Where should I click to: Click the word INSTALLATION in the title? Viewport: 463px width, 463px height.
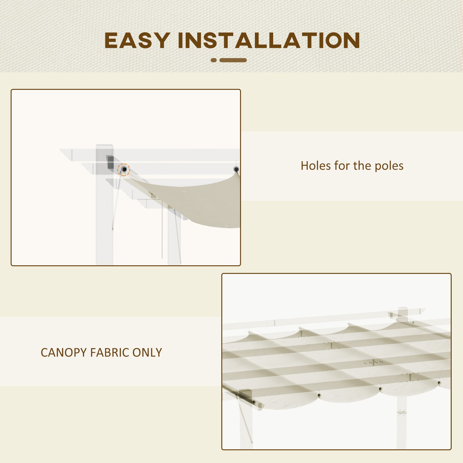coord(269,41)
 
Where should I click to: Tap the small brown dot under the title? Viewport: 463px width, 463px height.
coord(214,60)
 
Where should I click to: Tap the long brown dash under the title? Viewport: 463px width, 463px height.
coord(233,60)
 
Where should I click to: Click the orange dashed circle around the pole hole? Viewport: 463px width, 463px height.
coord(123,169)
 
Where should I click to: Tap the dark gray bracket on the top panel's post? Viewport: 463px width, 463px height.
coord(110,162)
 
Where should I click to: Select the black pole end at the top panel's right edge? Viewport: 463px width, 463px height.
coord(236,169)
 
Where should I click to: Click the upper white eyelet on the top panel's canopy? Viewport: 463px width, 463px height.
coord(185,192)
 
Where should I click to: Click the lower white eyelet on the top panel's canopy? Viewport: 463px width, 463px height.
coord(227,226)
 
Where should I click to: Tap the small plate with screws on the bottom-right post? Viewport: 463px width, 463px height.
coord(401,412)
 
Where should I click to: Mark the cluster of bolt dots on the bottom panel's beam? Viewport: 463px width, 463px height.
coord(373,363)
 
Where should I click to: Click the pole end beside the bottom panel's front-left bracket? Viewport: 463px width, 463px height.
coord(254,402)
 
